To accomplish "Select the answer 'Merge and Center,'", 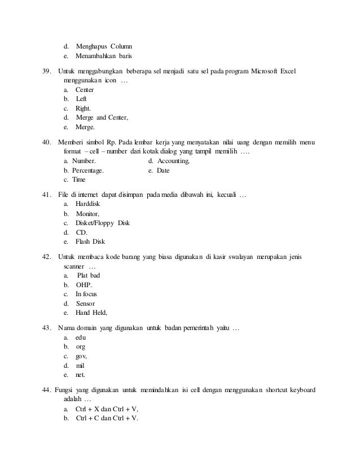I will pos(102,117).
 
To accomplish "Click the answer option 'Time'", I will pos(79,179).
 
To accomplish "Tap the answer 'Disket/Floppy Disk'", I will pos(102,223).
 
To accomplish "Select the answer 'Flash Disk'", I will pos(90,241).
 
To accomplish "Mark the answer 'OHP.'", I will pos(84,285).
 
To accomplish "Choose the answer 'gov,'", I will pos(81,356).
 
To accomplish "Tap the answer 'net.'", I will pos(81,374).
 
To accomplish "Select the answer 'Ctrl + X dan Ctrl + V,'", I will pos(107,409).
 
